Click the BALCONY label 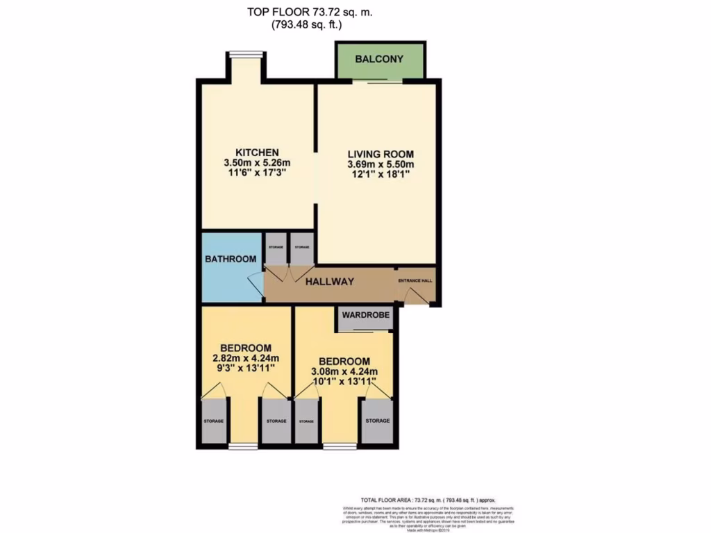click(x=378, y=60)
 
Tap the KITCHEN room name click(x=257, y=153)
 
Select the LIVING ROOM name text click(x=380, y=154)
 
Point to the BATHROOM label click(x=231, y=259)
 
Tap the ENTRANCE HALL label click(x=415, y=281)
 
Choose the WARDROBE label click(x=366, y=319)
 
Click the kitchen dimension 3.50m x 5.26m click(x=257, y=163)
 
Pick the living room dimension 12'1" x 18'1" click(x=380, y=175)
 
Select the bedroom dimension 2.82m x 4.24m click(x=245, y=358)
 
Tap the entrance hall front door click(x=415, y=297)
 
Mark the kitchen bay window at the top click(x=246, y=55)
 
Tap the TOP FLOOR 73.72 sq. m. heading click(x=305, y=12)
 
